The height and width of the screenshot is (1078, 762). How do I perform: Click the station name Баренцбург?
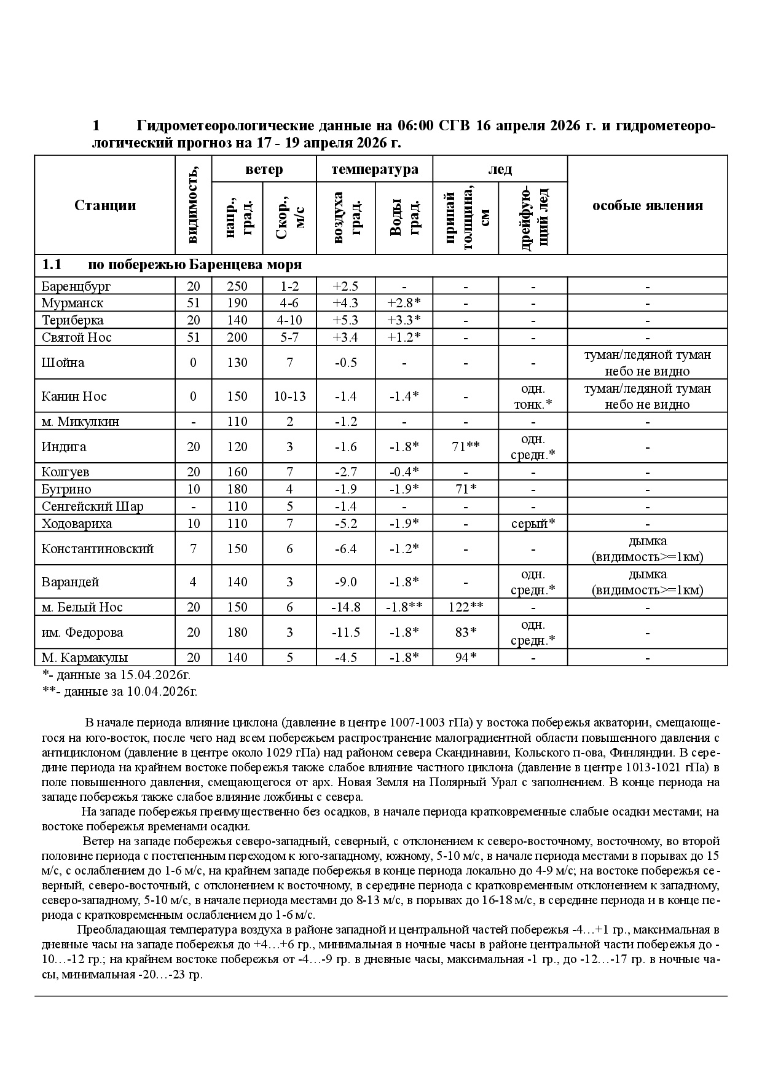click(76, 286)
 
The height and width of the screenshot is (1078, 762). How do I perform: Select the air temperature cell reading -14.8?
click(345, 607)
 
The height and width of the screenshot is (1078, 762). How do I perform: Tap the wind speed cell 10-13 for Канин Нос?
click(289, 396)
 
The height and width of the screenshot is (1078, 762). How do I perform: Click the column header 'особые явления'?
click(647, 205)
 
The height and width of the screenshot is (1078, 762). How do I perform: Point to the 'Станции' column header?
click(105, 205)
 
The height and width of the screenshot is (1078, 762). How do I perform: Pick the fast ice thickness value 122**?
click(465, 607)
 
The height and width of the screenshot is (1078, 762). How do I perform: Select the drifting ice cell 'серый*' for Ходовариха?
click(533, 524)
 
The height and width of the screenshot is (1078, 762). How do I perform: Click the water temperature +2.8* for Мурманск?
click(404, 303)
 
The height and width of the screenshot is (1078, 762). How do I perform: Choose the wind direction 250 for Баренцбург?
click(237, 286)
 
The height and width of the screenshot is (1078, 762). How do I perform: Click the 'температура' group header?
click(374, 169)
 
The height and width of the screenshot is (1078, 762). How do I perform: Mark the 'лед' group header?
click(500, 169)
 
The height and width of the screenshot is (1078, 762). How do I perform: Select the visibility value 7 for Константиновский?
click(194, 549)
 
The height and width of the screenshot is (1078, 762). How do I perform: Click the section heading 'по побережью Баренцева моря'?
click(195, 265)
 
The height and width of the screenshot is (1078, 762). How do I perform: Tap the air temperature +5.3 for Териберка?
click(345, 320)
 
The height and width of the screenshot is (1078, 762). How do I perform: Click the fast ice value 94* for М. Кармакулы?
click(465, 658)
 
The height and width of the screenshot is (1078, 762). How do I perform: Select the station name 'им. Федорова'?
click(82, 632)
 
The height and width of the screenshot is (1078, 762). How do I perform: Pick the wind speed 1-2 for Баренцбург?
click(289, 286)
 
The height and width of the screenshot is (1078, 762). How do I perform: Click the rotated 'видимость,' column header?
click(194, 205)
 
